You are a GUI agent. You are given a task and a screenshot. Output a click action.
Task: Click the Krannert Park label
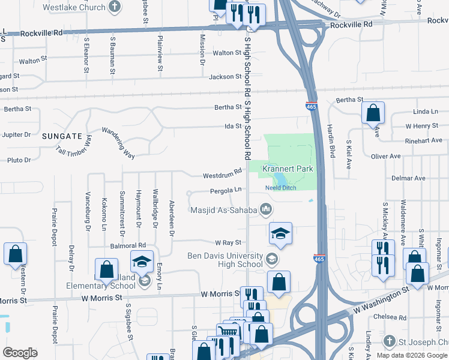pyautogui.click(x=288, y=169)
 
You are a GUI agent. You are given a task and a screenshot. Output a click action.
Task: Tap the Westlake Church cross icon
pyautogui.click(x=115, y=8)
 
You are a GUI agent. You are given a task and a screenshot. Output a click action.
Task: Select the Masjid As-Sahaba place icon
pyautogui.click(x=267, y=209)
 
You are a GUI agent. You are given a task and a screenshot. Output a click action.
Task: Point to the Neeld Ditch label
pyautogui.click(x=282, y=188)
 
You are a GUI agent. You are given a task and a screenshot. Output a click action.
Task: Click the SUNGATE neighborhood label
pyautogui.click(x=61, y=136)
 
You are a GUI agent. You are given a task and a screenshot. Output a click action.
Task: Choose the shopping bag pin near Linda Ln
pyautogui.click(x=373, y=112)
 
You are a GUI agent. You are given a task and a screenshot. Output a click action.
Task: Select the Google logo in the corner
pyautogui.click(x=20, y=353)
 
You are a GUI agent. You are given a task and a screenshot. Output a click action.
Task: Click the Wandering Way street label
pyautogui.click(x=118, y=143)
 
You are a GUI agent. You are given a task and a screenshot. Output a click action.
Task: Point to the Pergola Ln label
pyautogui.click(x=226, y=190)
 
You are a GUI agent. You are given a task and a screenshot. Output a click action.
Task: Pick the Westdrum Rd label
pyautogui.click(x=222, y=175)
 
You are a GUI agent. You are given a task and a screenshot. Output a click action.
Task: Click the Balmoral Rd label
pyautogui.click(x=128, y=245)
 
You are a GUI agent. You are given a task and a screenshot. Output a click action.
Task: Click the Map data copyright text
pyautogui.click(x=412, y=355)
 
